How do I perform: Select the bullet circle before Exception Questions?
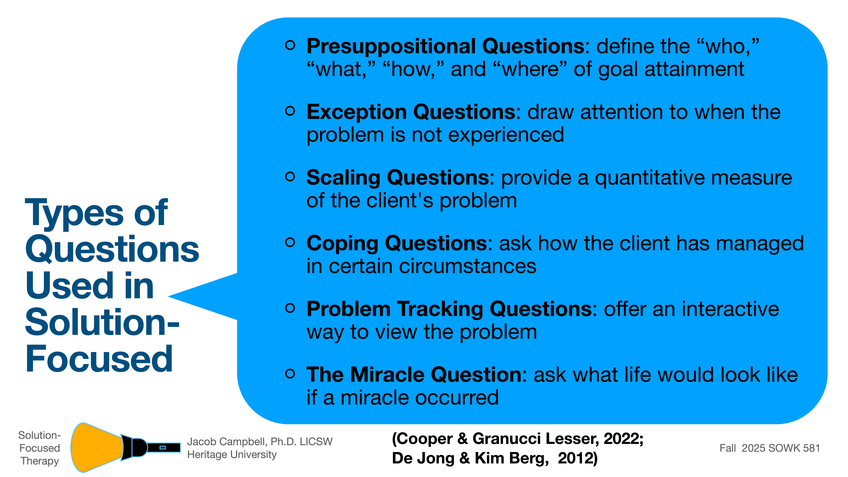click(x=290, y=111)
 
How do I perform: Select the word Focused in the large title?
click(x=99, y=359)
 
